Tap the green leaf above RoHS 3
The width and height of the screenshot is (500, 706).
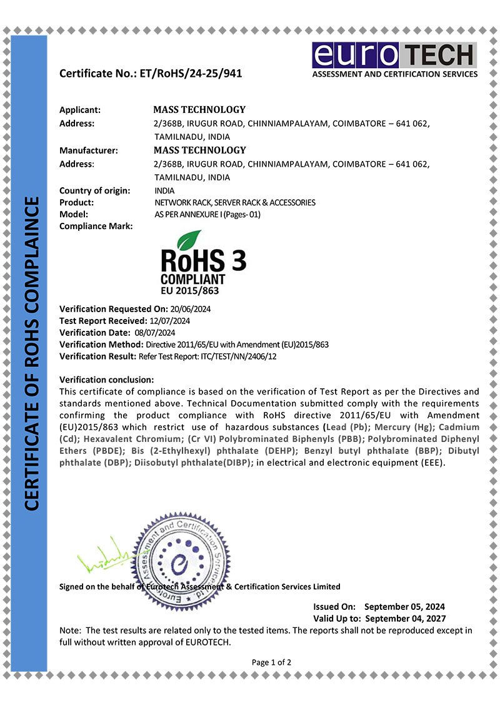click(x=189, y=239)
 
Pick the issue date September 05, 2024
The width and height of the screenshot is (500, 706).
click(x=404, y=606)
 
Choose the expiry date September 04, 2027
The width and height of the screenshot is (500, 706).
click(x=404, y=618)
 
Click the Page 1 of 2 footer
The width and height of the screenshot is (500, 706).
click(x=271, y=662)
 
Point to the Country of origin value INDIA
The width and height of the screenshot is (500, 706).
click(x=164, y=190)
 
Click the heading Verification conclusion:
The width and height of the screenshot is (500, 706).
click(x=106, y=380)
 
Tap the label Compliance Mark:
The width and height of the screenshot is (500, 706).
click(x=96, y=226)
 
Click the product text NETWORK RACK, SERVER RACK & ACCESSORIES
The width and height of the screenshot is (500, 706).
click(x=235, y=202)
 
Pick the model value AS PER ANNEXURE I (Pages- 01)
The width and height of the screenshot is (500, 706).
click(x=207, y=214)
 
